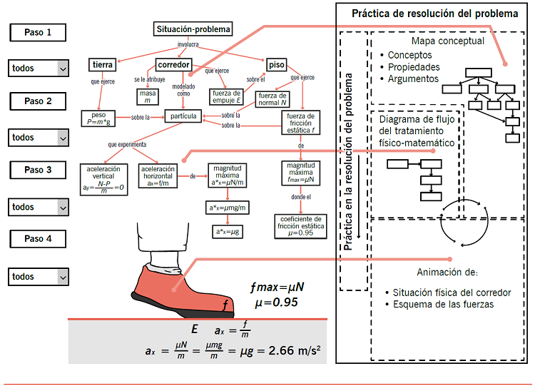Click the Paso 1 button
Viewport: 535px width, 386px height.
tap(39, 33)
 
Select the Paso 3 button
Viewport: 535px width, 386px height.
tap(39, 170)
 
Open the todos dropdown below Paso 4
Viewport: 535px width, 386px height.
tap(39, 276)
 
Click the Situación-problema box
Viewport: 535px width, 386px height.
tap(193, 29)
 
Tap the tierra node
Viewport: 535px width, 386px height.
tap(102, 65)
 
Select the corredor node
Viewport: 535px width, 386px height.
tap(173, 65)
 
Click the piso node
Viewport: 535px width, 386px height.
tap(275, 65)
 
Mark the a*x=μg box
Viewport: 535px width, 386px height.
tap(227, 232)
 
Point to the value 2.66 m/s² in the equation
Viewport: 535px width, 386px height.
tap(294, 350)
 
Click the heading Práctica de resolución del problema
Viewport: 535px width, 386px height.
tap(435, 14)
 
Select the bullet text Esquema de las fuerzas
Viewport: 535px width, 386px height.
tap(443, 305)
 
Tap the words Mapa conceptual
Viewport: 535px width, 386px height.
tap(447, 41)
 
